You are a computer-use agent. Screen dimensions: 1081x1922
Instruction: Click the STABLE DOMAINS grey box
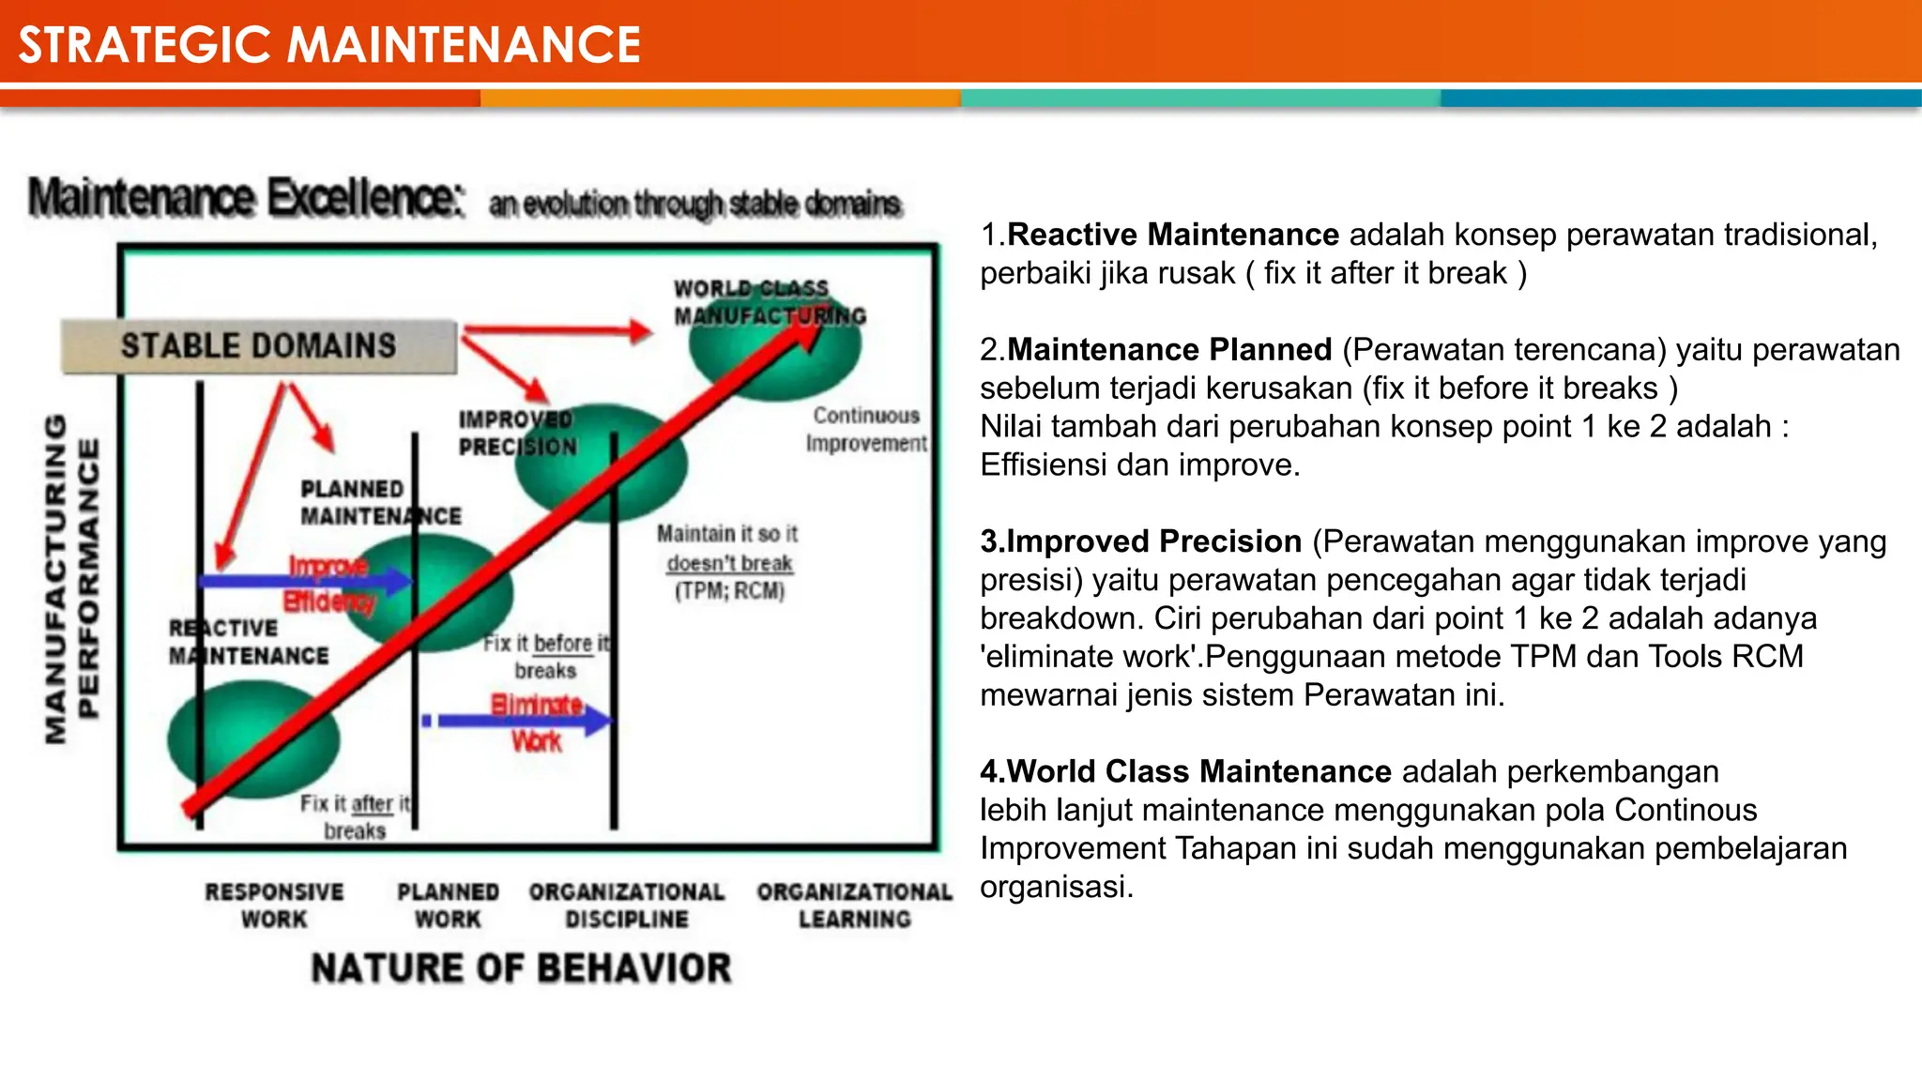coord(259,346)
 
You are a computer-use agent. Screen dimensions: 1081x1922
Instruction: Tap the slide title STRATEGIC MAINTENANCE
coord(329,45)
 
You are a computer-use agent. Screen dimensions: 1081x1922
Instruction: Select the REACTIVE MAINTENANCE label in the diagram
coord(249,643)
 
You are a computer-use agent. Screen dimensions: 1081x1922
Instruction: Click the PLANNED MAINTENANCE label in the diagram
coord(379,503)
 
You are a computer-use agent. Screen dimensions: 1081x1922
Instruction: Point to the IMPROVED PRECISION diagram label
coord(517,434)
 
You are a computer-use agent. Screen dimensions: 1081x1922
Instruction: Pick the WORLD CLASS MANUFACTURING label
coord(768,302)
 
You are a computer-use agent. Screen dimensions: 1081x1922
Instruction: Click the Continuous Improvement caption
coord(865,430)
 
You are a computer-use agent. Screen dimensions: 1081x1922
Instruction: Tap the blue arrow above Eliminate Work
coord(521,721)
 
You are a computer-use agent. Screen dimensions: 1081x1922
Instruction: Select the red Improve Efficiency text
coord(329,584)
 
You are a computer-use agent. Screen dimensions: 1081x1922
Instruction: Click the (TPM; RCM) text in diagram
coord(729,591)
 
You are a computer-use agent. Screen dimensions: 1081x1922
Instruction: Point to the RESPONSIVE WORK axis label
coord(274,906)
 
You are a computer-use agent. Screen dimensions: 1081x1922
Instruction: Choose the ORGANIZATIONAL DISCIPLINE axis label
coord(626,906)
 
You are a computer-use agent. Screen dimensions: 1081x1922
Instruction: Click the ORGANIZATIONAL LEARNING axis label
coord(854,906)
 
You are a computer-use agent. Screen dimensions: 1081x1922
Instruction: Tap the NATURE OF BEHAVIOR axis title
coord(521,968)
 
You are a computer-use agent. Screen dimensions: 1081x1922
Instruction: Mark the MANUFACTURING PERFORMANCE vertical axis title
coord(71,579)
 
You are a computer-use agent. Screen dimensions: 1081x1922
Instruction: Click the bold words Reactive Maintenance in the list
coord(1172,235)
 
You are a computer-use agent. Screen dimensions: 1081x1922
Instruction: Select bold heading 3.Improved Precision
coord(1140,541)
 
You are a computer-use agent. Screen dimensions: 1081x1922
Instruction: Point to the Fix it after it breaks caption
coord(355,817)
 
